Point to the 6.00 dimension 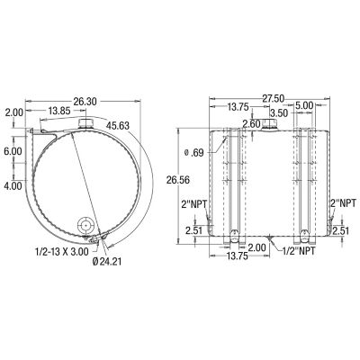tap(13, 153)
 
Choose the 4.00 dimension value tap(13, 185)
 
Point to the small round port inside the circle tap(87, 225)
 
